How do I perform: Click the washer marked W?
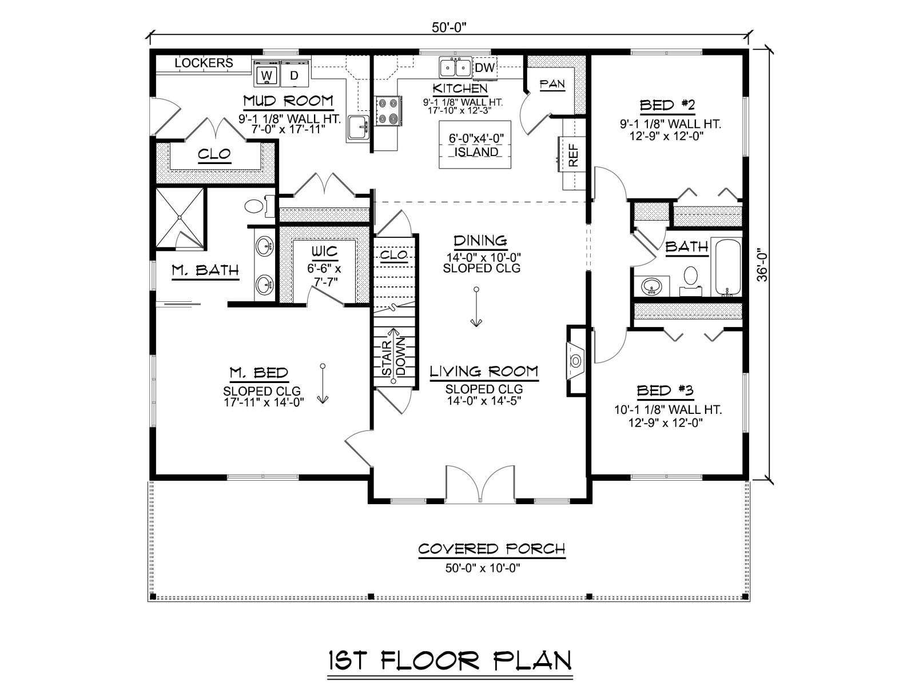click(x=267, y=74)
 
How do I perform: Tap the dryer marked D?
click(x=295, y=74)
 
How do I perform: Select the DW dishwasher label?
click(x=485, y=67)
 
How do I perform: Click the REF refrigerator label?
click(x=574, y=155)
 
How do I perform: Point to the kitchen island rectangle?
click(x=475, y=145)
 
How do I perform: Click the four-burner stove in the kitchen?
click(x=388, y=111)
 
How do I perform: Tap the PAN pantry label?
click(x=552, y=85)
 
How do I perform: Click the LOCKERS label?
click(x=204, y=63)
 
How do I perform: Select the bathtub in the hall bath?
click(x=728, y=268)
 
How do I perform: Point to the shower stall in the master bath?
click(x=180, y=218)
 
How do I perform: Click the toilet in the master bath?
click(x=256, y=206)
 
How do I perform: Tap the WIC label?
click(x=324, y=252)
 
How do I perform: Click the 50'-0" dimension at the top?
click(x=448, y=27)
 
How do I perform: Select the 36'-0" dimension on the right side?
click(x=762, y=267)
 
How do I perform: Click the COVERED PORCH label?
click(x=492, y=549)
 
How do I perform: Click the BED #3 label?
click(x=665, y=390)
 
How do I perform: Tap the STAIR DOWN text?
click(x=393, y=358)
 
